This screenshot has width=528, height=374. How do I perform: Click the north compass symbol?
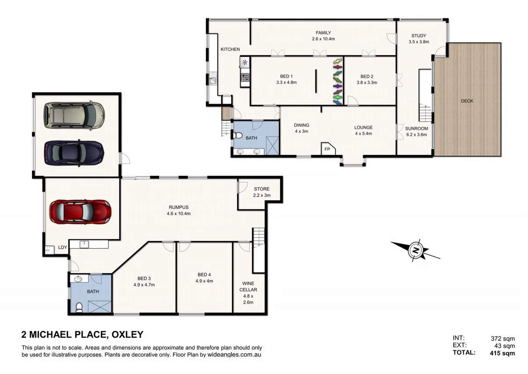click(415, 250)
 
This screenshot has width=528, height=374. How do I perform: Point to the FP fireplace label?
click(327, 149)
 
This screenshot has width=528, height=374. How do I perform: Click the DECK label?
click(467, 101)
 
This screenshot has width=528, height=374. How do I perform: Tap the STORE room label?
click(261, 189)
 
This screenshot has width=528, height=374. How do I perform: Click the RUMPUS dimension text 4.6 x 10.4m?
click(179, 214)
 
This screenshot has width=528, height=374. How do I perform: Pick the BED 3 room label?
click(144, 278)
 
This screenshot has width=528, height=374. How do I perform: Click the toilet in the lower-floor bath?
click(79, 307)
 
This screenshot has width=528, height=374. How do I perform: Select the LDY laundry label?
click(62, 247)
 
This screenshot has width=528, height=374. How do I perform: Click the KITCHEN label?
click(230, 49)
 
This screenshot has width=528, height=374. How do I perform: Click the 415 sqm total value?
click(502, 353)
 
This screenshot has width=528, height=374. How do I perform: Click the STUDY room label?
click(418, 36)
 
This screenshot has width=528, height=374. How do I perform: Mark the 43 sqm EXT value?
click(504, 346)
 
